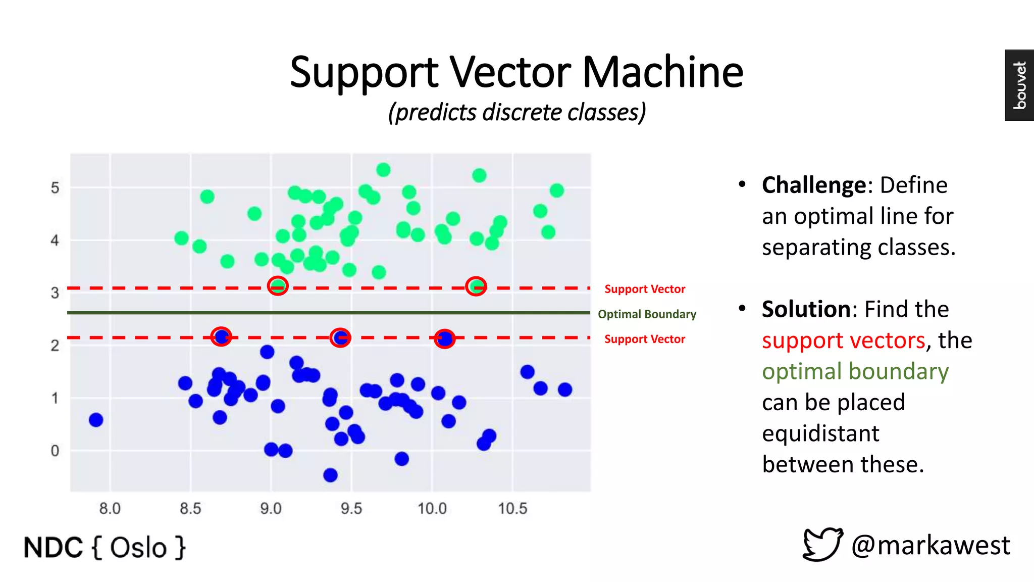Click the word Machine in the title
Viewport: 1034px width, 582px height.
(662, 72)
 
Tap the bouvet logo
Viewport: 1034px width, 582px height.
(1019, 85)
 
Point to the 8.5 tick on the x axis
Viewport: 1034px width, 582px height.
(190, 508)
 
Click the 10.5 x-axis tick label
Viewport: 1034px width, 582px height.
(512, 508)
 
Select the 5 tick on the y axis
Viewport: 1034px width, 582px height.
(55, 188)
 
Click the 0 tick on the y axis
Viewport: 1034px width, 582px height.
(55, 451)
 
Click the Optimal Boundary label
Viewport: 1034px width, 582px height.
(647, 314)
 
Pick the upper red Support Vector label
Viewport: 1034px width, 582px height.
(645, 289)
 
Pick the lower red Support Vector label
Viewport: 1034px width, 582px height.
(645, 339)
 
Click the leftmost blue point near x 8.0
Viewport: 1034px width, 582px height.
(96, 420)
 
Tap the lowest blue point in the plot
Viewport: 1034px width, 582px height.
(330, 475)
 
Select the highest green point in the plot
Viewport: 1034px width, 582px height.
(383, 170)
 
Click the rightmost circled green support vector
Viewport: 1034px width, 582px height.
(476, 286)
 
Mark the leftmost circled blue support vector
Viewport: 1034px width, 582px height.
(221, 336)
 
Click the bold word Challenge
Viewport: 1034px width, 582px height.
(814, 185)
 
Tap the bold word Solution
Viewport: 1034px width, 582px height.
(807, 309)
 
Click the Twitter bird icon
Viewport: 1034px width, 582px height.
(822, 545)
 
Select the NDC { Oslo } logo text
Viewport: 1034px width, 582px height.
(105, 548)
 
